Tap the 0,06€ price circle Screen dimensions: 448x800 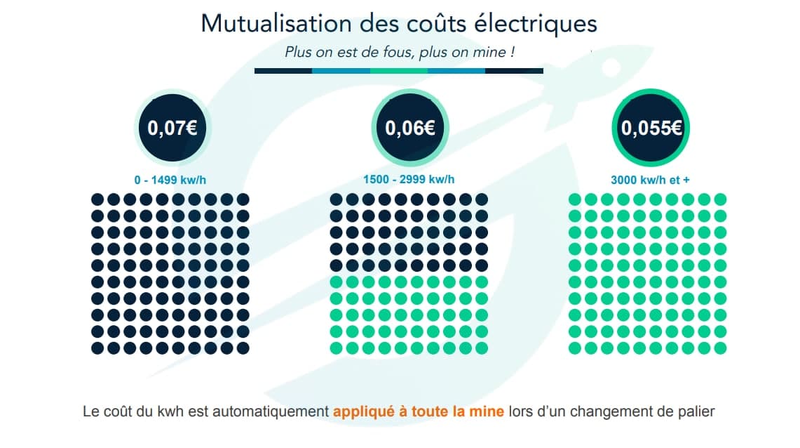(x=409, y=129)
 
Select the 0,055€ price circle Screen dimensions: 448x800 (x=651, y=129)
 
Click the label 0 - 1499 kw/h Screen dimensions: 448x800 (x=170, y=180)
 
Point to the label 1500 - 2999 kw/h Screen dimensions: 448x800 (x=409, y=180)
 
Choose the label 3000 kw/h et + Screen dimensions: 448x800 (x=650, y=180)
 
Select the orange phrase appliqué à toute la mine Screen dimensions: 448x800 (x=419, y=411)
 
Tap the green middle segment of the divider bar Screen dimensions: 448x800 (x=398, y=71)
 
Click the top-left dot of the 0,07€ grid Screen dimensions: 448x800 (x=97, y=200)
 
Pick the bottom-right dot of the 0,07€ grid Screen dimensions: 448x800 (x=243, y=348)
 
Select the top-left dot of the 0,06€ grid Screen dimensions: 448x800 (x=336, y=200)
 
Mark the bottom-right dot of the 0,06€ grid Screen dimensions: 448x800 (x=481, y=348)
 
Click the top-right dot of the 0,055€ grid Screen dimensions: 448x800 (x=720, y=200)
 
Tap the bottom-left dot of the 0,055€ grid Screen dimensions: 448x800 (x=575, y=348)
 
